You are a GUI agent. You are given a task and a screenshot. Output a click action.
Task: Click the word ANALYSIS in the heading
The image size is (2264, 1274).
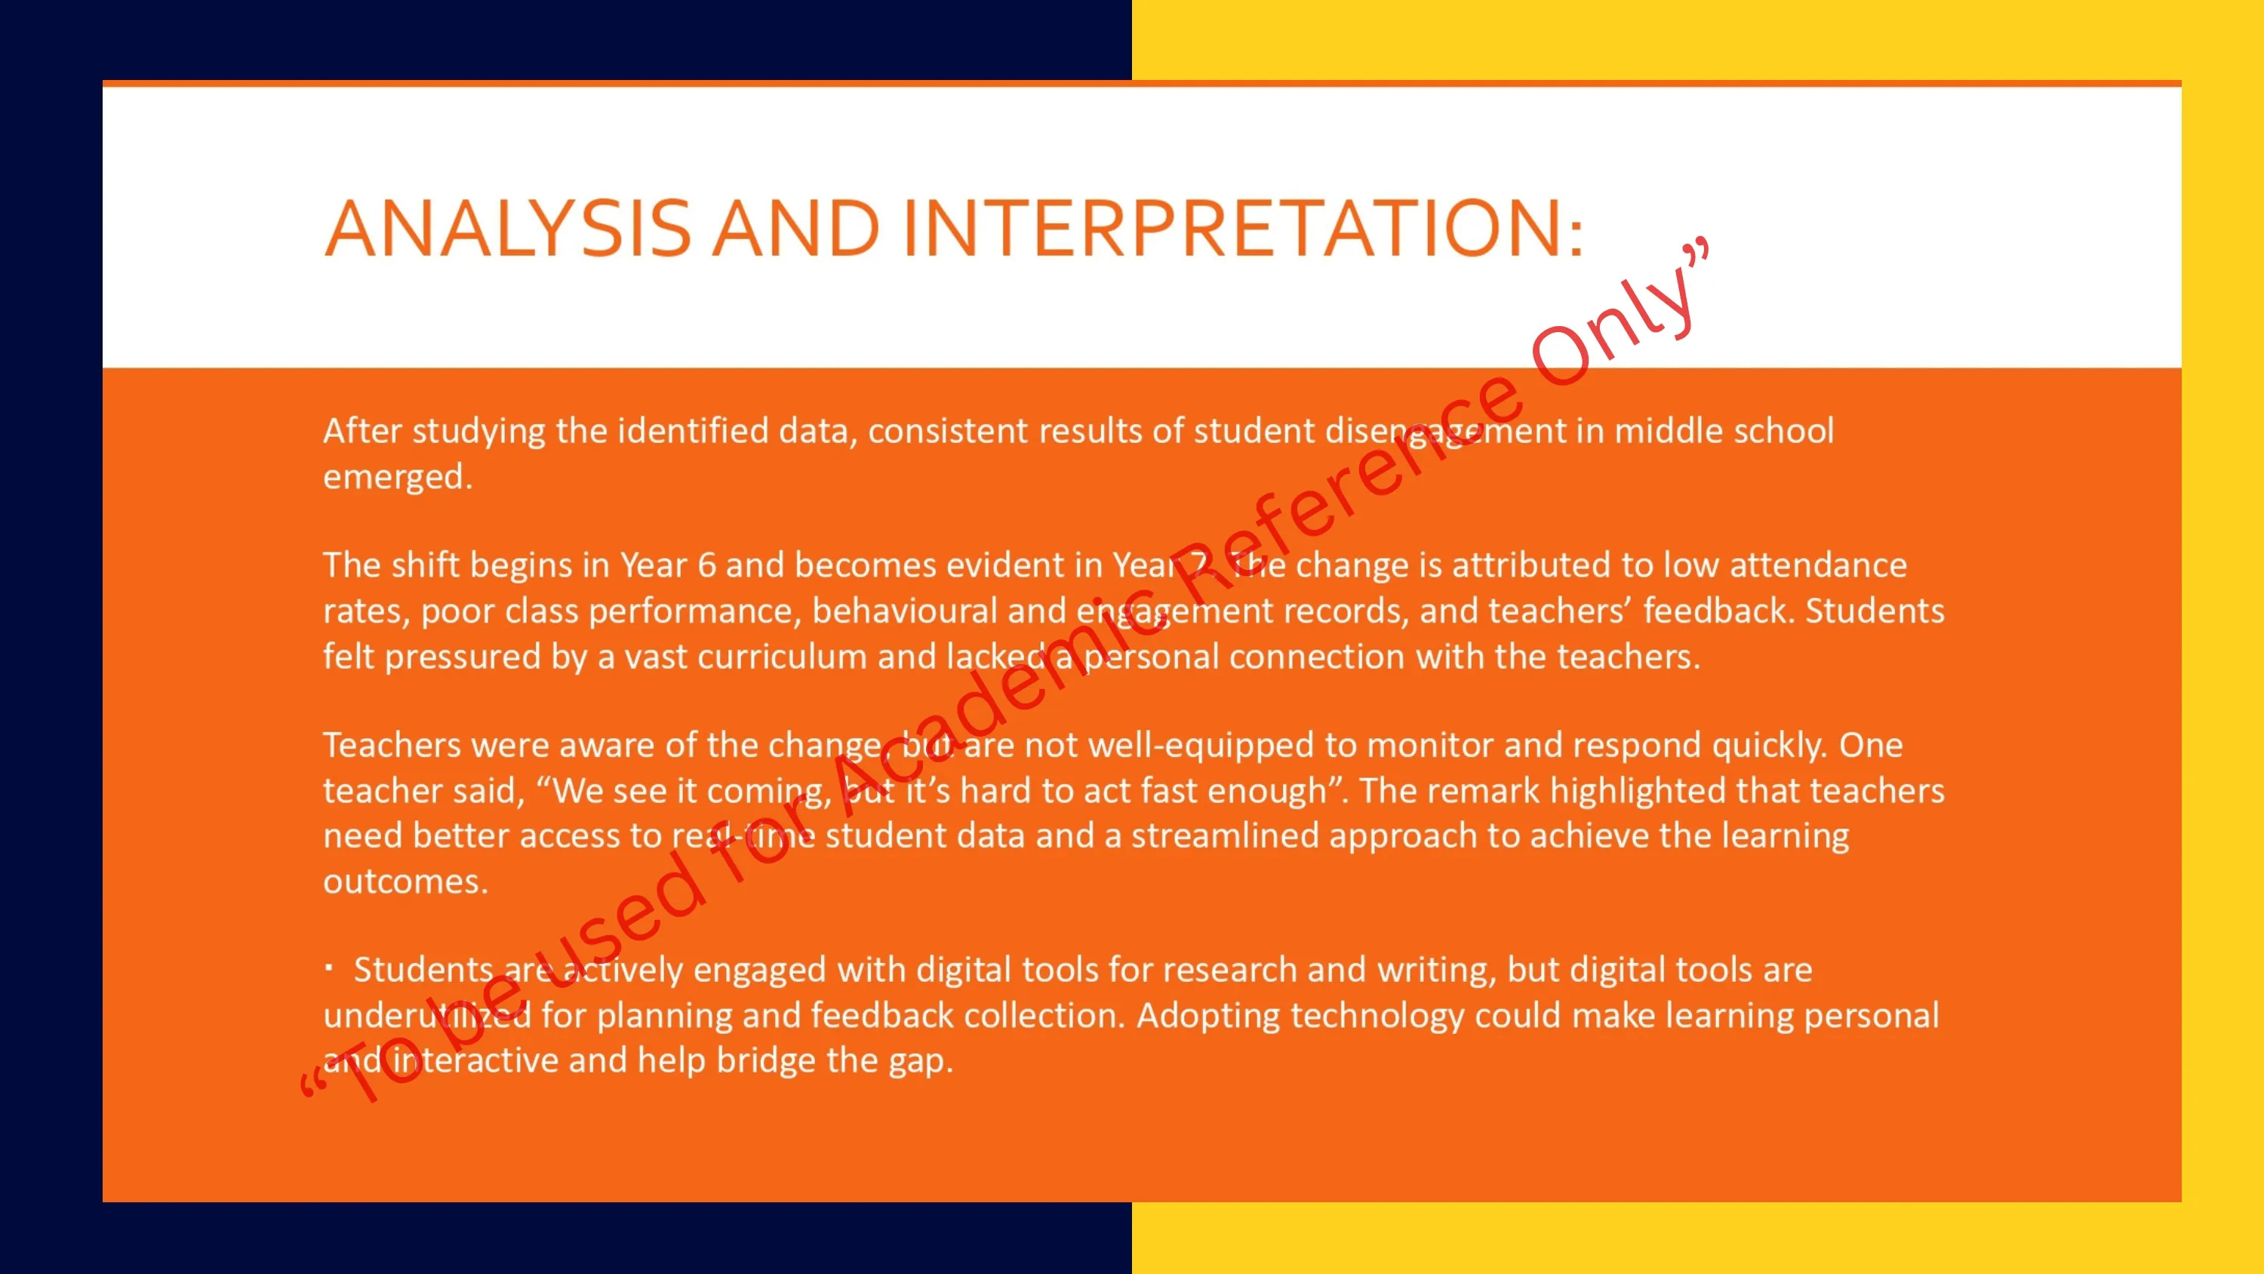(508, 228)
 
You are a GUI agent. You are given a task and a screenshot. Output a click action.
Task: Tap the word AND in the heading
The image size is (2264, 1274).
(795, 228)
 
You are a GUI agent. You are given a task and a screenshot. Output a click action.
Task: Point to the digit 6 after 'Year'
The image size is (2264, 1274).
(706, 565)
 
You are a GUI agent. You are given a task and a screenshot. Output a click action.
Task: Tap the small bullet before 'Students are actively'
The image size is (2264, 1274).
(329, 969)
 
